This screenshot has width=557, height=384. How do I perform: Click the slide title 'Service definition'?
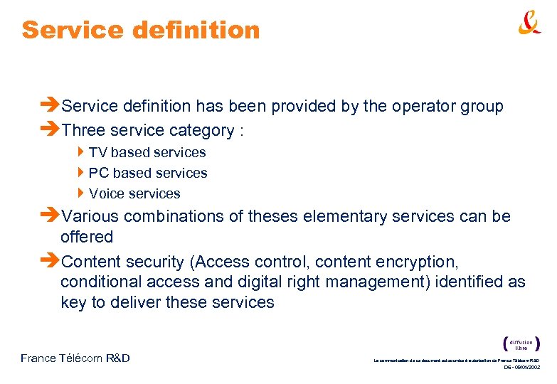point(141,30)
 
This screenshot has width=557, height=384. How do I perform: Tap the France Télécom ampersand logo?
point(529,24)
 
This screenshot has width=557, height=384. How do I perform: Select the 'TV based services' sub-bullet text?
point(147,152)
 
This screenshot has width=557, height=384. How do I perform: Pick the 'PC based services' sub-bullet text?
point(148,173)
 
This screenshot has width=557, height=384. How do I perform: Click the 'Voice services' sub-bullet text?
point(134,193)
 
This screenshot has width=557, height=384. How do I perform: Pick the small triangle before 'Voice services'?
point(82,193)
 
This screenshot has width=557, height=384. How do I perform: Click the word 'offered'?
point(87,237)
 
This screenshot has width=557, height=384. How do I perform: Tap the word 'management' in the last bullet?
point(363,282)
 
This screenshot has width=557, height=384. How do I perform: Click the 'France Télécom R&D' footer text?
point(75,358)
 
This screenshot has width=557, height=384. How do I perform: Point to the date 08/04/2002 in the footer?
point(527,368)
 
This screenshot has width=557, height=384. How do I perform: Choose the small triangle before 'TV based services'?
point(82,151)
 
